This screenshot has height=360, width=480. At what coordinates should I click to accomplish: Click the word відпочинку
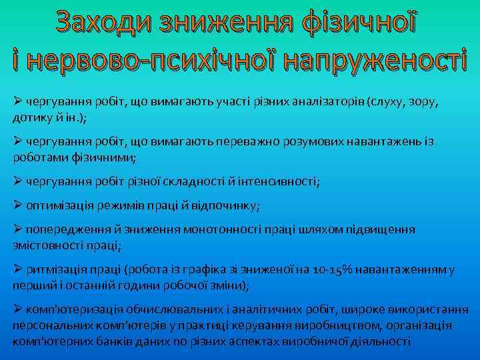[x=225, y=205]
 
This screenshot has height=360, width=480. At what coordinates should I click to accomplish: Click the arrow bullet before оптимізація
[x=18, y=205]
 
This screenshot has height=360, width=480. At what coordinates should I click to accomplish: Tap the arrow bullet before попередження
[x=18, y=229]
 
